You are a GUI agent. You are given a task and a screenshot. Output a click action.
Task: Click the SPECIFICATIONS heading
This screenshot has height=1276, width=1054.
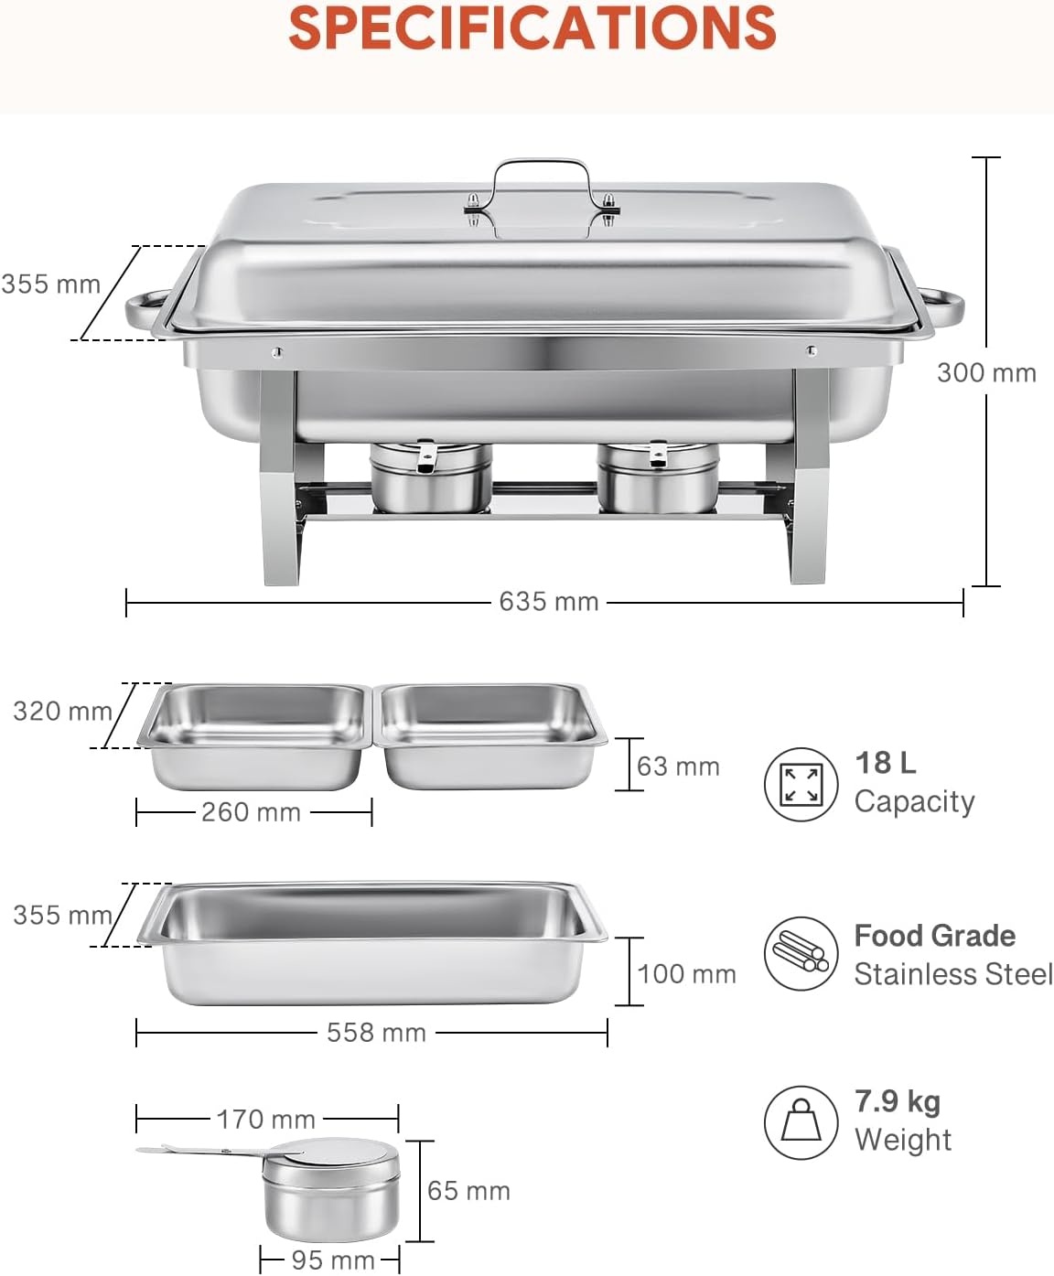[532, 28]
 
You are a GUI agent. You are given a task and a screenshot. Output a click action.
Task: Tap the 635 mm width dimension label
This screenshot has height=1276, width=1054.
[548, 602]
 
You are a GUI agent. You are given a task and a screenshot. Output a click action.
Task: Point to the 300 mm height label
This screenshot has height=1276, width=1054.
[986, 373]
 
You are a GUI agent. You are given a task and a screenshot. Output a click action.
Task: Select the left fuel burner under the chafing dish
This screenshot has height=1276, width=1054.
[431, 477]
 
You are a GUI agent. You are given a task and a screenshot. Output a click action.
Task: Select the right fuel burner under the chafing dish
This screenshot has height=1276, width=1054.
[659, 477]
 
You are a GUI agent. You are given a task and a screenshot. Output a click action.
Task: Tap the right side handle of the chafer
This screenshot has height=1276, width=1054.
[942, 306]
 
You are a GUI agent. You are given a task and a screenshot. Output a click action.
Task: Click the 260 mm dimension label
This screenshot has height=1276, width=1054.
[251, 812]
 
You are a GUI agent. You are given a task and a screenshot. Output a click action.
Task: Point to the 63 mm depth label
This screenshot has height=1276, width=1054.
[678, 767]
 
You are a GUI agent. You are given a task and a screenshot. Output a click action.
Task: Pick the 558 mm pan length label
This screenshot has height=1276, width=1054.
[376, 1033]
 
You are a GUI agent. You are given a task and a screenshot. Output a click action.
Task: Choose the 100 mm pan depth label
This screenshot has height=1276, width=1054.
[686, 974]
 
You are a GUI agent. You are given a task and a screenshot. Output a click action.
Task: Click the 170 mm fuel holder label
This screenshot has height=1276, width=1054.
[266, 1119]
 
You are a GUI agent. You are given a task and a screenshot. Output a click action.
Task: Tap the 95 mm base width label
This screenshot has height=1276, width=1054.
[333, 1260]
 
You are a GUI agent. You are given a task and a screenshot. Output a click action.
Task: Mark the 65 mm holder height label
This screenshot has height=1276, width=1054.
[468, 1191]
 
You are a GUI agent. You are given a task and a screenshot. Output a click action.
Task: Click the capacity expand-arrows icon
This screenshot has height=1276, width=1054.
[801, 784]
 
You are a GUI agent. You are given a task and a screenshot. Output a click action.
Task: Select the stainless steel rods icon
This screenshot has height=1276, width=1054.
[801, 954]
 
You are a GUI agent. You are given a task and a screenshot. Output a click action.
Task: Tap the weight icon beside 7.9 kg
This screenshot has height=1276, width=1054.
[801, 1122]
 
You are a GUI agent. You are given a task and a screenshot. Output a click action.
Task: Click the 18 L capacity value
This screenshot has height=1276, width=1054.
[885, 763]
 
